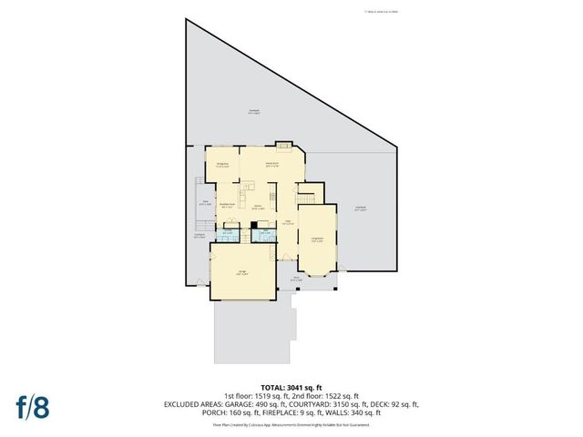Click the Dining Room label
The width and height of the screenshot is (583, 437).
click(220, 165)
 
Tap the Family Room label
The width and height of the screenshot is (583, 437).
click(271, 164)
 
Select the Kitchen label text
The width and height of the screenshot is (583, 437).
click(259, 208)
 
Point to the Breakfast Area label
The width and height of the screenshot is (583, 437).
click(228, 206)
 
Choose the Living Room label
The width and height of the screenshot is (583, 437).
click(318, 239)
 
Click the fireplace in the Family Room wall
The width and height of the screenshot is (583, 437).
click(285, 145)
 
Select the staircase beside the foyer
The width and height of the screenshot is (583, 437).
click(311, 194)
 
